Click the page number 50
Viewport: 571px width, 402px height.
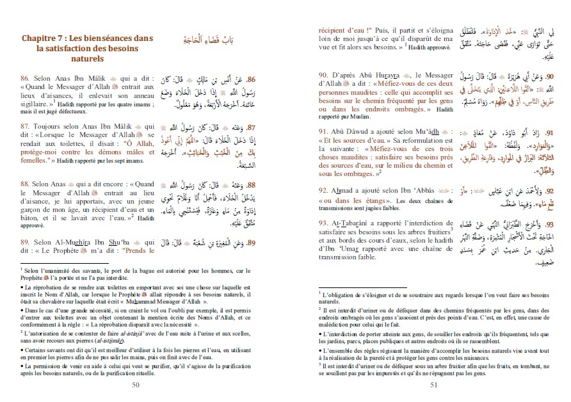coord(134,384)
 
